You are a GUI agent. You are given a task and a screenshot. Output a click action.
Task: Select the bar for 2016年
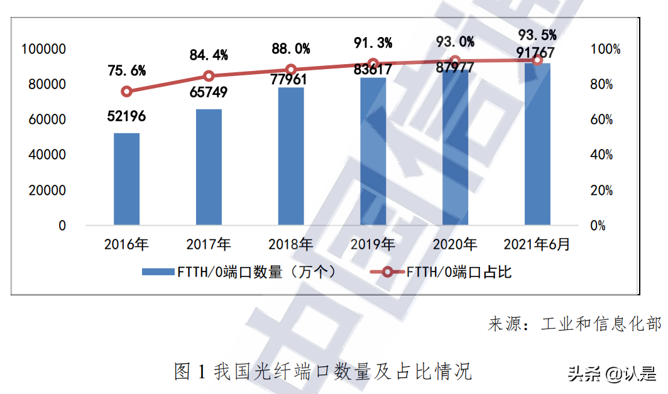(x=126, y=179)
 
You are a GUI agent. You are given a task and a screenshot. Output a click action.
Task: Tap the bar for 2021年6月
(x=537, y=144)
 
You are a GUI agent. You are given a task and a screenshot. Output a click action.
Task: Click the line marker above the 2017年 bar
(x=209, y=76)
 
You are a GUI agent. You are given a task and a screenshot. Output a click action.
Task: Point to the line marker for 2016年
(x=127, y=91)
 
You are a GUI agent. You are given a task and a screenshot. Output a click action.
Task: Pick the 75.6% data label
(x=126, y=70)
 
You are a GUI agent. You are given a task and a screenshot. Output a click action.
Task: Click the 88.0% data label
(x=291, y=49)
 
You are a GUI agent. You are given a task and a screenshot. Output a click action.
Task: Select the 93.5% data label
(x=537, y=34)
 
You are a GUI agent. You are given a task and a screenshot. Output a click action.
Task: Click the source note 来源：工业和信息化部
(x=574, y=324)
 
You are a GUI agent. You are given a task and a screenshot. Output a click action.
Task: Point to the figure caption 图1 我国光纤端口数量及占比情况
(x=322, y=371)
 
